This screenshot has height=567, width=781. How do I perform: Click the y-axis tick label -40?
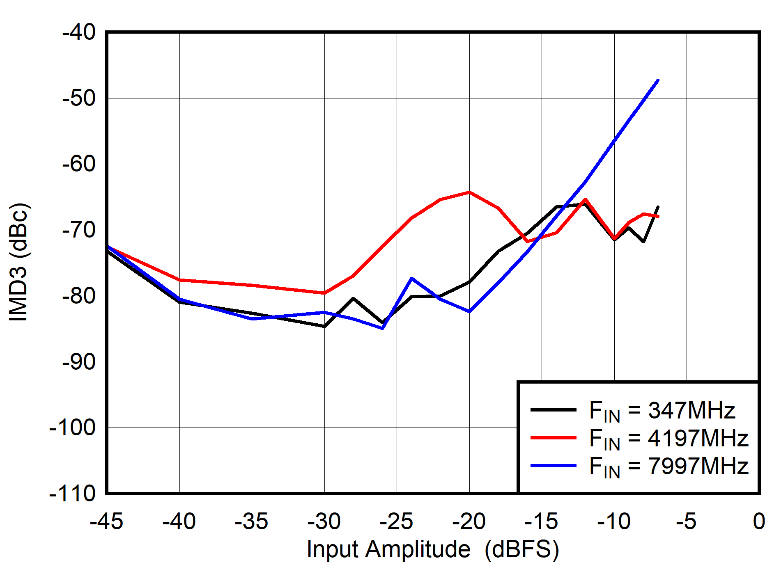coord(79,32)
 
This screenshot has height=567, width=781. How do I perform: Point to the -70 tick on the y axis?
coord(79,230)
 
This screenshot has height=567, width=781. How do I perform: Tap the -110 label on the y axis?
coord(72,493)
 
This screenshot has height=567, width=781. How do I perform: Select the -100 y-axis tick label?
coord(72,428)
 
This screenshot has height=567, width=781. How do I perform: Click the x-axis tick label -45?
coord(106,521)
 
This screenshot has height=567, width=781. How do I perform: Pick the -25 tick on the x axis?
coord(396,521)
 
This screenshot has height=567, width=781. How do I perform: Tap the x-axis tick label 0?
coord(759,521)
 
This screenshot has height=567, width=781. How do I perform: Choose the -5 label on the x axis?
coord(686,521)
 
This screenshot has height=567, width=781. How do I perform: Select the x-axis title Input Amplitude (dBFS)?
coord(433,549)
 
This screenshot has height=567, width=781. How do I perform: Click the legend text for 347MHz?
coord(662,410)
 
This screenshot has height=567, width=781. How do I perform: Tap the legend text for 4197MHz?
coord(668,438)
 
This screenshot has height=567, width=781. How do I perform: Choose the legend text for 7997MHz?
coord(668,466)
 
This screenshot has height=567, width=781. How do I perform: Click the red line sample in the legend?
coord(553,438)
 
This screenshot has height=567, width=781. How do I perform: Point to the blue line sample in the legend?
coord(553,466)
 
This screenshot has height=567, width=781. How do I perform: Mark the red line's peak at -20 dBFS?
coord(469,192)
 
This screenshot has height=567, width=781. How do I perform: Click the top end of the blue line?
coord(658,80)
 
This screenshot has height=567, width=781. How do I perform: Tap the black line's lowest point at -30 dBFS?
coord(324,326)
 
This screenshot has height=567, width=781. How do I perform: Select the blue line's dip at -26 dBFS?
coord(383,328)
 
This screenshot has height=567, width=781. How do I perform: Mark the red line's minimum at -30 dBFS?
coord(324,293)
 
